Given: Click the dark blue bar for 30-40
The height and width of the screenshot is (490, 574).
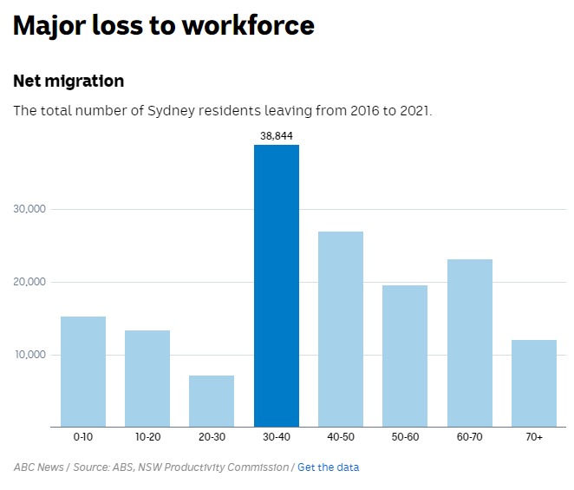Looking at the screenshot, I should click(x=276, y=285).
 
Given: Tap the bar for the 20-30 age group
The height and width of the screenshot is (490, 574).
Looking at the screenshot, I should click(x=212, y=401).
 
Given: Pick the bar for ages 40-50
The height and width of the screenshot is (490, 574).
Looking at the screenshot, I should click(x=340, y=329).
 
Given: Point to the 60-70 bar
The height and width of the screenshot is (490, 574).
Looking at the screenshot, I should click(x=469, y=343).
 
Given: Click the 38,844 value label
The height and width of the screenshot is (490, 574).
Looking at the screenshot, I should click(x=276, y=136).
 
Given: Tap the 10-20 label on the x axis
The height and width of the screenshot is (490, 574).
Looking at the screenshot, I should click(x=147, y=437).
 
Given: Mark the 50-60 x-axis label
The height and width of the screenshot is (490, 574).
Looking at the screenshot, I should click(x=405, y=437).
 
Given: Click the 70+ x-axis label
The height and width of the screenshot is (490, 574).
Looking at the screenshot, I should click(x=533, y=437).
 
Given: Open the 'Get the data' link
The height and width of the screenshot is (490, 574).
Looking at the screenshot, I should click(x=328, y=467).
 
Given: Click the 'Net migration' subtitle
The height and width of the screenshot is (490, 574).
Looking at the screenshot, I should click(x=68, y=82).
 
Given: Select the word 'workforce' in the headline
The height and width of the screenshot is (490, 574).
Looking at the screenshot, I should click(x=247, y=26).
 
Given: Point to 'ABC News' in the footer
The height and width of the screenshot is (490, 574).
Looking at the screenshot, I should click(x=39, y=467).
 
